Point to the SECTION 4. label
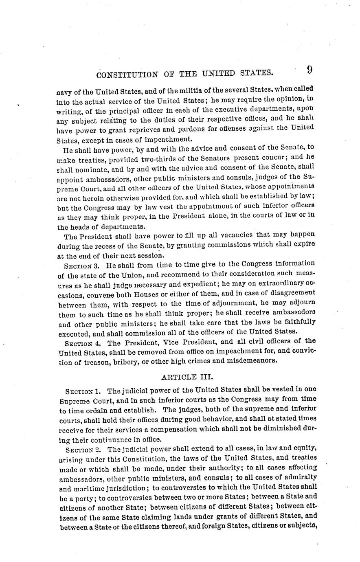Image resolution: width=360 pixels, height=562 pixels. pyautogui.click(x=80, y=343)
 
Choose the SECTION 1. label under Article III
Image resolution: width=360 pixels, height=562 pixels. pyautogui.click(x=79, y=391)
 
